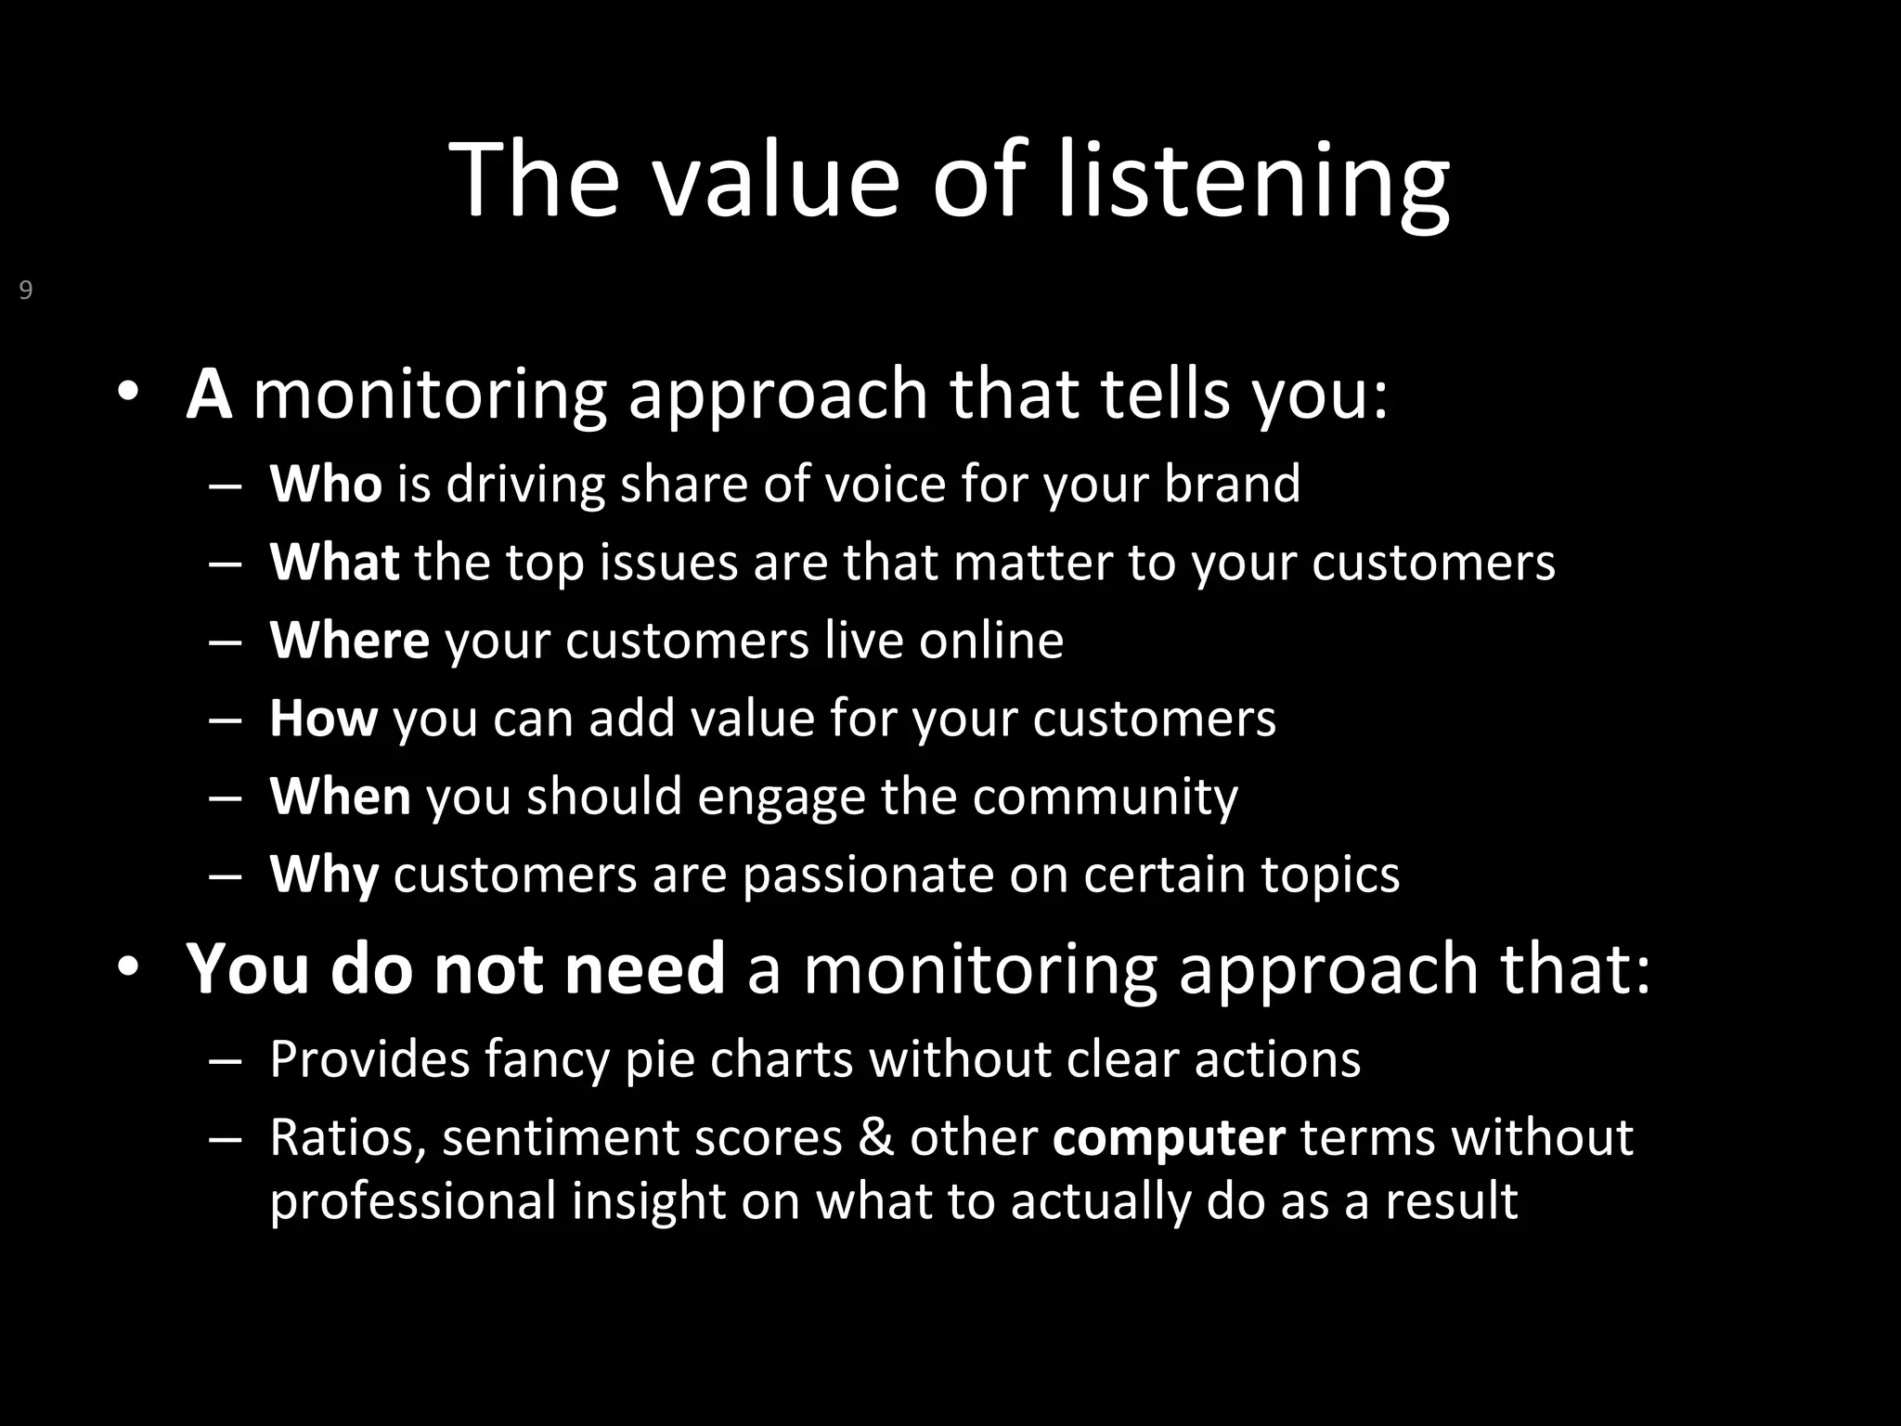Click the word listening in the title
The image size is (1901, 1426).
point(1253,181)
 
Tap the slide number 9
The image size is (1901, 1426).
point(26,291)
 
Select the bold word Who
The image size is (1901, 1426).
point(325,484)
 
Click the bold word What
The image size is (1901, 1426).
point(334,562)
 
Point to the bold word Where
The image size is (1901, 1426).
point(349,640)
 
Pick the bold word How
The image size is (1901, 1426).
point(323,718)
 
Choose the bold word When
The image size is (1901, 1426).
point(340,796)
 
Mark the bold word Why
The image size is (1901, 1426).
point(323,875)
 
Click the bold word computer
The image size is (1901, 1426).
point(1169,1138)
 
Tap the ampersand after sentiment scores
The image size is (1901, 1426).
point(874,1137)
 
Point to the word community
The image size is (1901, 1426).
point(1105,797)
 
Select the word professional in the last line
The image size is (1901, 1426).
point(412,1201)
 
